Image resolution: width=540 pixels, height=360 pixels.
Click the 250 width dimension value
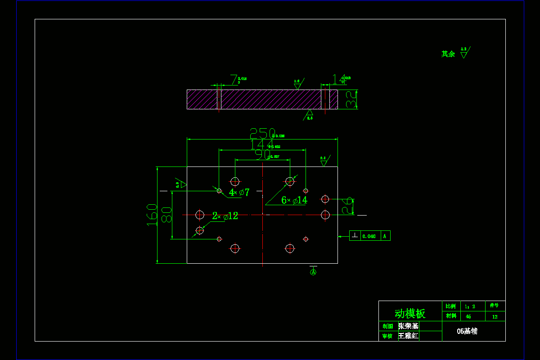(262, 133)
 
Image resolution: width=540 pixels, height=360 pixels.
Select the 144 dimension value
(259, 144)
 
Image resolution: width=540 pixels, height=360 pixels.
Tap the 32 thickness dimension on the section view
(351, 99)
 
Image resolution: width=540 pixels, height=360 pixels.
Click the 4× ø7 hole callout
(239, 193)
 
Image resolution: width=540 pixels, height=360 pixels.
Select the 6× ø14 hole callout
(294, 200)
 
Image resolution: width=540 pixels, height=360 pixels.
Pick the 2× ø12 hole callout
(225, 216)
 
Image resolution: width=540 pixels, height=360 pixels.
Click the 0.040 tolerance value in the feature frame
(369, 236)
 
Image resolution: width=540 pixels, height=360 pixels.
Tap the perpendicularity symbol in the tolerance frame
(355, 235)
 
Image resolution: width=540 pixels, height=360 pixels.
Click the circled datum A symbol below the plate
(313, 271)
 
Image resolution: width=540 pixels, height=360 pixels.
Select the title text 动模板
(410, 313)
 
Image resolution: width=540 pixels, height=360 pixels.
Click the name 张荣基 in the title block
(408, 326)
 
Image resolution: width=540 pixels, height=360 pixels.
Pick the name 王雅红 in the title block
(408, 336)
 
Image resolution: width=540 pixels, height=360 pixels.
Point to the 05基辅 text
(467, 331)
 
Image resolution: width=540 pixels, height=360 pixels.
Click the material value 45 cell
(468, 316)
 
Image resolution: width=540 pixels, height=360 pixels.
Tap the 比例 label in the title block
(450, 306)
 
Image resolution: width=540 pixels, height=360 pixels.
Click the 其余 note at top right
(448, 54)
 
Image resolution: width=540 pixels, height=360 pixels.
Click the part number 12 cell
(495, 316)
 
